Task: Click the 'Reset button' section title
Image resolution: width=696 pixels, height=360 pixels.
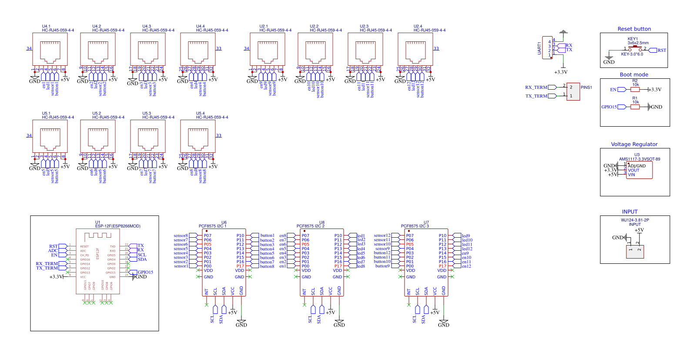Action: point(634,29)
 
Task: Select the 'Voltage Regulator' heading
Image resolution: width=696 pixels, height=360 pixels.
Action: point(634,145)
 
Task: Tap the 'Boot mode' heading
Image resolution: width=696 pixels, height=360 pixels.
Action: point(634,75)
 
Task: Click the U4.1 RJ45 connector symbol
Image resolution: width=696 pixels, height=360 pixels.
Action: point(50,49)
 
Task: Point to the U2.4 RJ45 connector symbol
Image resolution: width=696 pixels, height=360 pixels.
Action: point(415,49)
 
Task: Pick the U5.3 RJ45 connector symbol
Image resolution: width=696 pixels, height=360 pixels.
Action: point(148,136)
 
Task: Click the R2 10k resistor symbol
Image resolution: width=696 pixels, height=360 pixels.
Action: point(635,90)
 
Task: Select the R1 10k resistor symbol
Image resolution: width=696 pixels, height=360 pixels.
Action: point(635,107)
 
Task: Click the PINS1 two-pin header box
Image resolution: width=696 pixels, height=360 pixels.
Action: point(573,91)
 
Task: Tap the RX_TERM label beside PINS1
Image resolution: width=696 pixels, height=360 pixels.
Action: point(536,87)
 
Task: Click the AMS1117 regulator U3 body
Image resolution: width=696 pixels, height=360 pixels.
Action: point(639,170)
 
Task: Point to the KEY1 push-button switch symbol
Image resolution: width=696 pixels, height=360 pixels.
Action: point(635,49)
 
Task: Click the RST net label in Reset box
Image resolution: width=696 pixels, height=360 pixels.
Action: point(662,50)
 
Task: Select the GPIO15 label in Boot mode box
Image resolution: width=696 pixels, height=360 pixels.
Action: point(609,107)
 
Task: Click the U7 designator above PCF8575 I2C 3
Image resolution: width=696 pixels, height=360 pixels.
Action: point(426,222)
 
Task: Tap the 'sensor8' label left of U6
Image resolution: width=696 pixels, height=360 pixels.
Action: point(181,236)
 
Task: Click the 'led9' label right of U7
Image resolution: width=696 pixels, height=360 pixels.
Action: point(466,236)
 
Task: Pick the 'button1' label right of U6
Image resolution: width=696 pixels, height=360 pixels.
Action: point(267,236)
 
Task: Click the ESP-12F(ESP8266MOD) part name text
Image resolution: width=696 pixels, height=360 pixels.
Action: point(118,226)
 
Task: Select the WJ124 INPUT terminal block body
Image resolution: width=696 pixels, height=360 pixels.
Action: point(635,252)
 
